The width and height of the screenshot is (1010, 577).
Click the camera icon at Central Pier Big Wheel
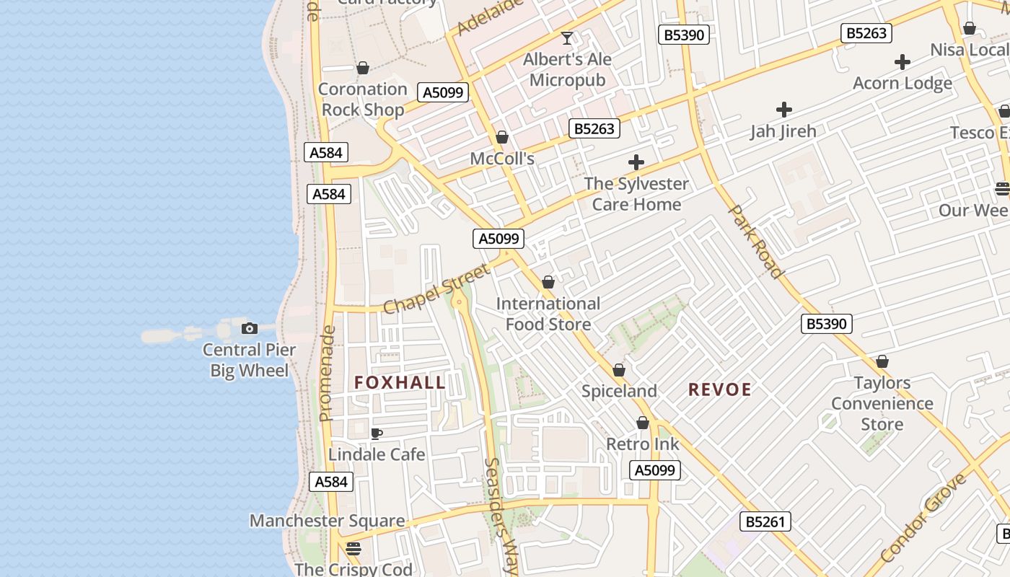pos(249,329)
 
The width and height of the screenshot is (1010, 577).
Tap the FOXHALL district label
pos(400,382)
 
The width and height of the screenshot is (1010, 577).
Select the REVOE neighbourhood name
pos(719,389)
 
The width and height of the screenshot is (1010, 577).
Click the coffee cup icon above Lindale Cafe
pos(376,433)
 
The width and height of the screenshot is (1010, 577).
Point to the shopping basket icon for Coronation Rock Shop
pos(363,68)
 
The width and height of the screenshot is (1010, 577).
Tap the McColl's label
pos(502,158)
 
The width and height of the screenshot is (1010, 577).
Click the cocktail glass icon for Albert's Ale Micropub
pos(567,38)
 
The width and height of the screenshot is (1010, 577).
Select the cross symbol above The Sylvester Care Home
pos(636,162)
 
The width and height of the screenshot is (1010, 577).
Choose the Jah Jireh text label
pos(783,131)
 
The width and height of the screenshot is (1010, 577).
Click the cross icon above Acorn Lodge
pos(902,62)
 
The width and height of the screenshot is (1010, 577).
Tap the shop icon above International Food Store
pos(548,282)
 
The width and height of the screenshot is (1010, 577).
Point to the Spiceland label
pos(619,391)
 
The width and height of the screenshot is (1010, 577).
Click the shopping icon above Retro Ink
pos(643,423)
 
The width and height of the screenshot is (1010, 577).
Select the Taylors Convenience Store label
pos(882,403)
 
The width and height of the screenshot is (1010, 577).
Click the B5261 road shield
pos(765,521)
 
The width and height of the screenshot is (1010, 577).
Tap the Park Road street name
pos(755,242)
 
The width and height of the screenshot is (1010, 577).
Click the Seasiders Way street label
pos(501,516)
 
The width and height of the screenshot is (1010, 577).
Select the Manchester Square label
pos(327,520)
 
